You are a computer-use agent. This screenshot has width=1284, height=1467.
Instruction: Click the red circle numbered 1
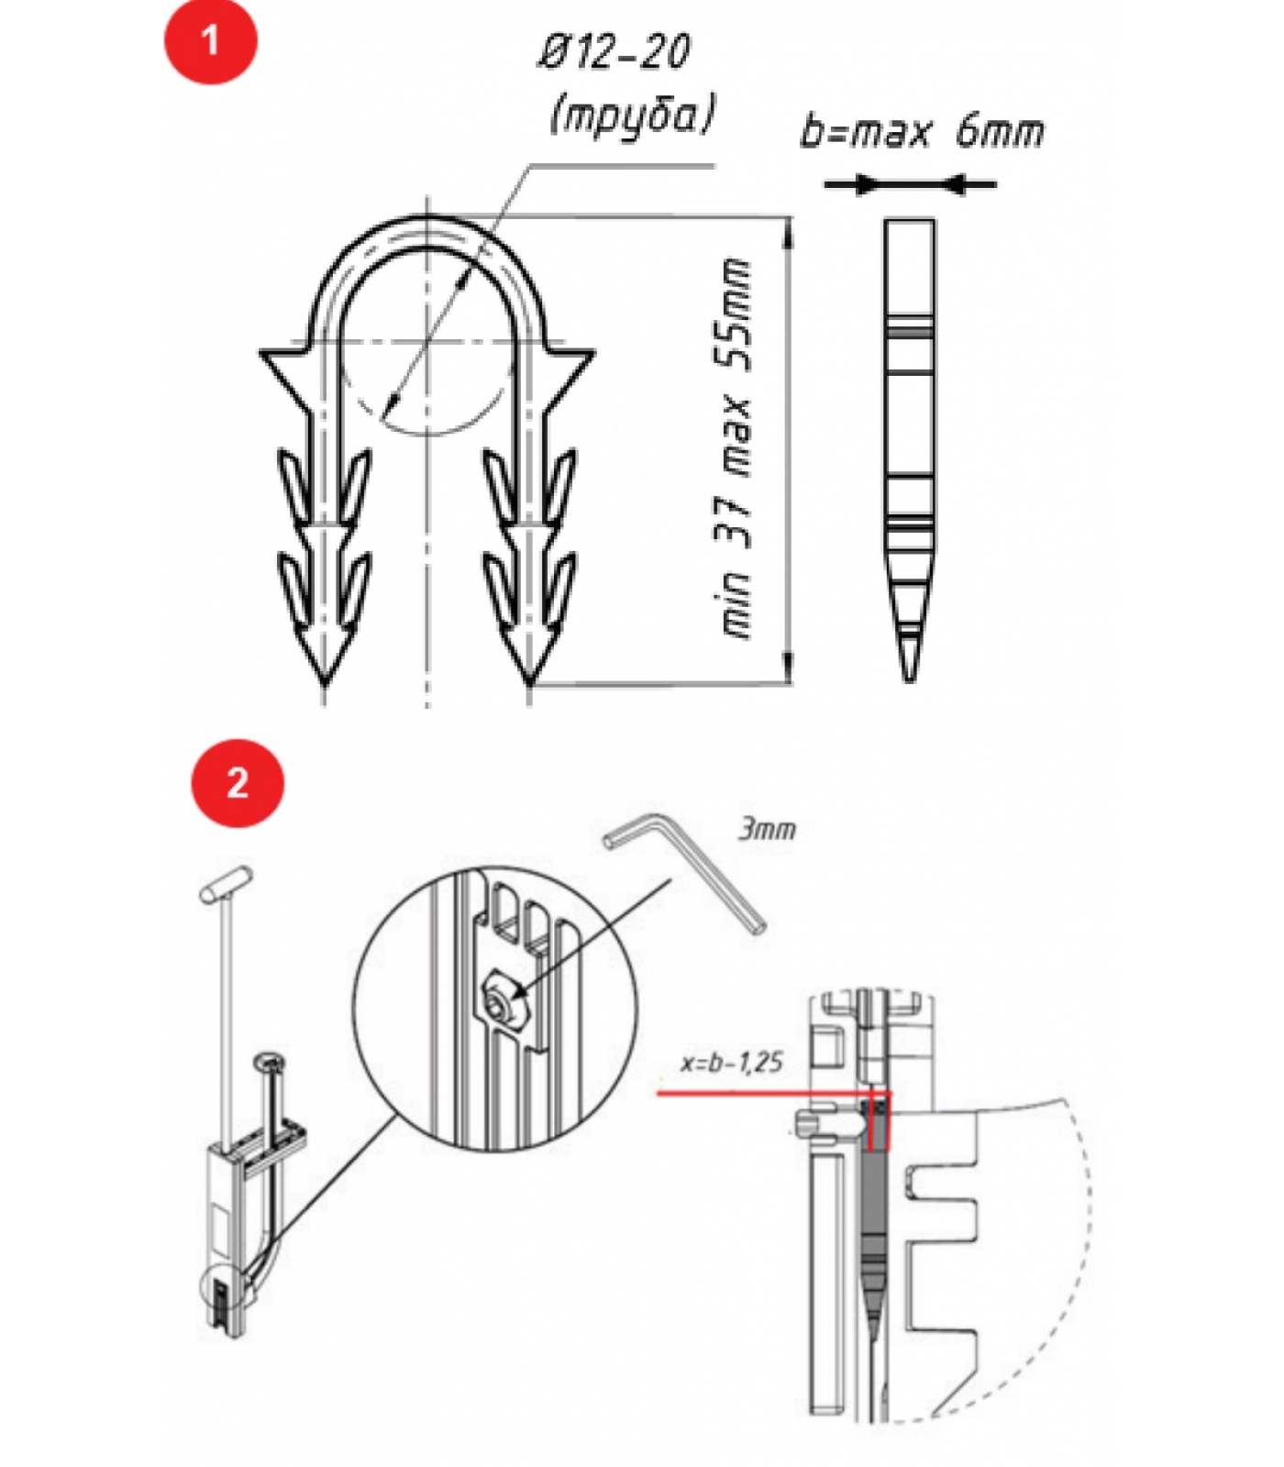coord(211,41)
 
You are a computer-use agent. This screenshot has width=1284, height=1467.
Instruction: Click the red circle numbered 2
coord(238,784)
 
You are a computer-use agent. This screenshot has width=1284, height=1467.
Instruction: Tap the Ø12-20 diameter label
coord(613,51)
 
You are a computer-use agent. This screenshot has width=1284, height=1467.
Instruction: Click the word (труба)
coord(632,115)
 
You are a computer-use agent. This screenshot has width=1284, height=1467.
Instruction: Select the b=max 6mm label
coord(922,130)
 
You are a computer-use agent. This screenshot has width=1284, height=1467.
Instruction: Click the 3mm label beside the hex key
coord(768,829)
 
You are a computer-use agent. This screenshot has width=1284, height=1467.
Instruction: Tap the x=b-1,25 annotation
coord(732,1063)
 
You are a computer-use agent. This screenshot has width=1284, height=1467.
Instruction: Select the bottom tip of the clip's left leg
coord(324,684)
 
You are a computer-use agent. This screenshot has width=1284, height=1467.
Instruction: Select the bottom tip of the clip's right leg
coord(529,684)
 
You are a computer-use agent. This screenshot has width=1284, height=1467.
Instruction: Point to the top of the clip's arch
coord(427,218)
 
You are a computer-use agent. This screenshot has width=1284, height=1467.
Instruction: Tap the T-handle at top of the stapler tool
coord(227,883)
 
